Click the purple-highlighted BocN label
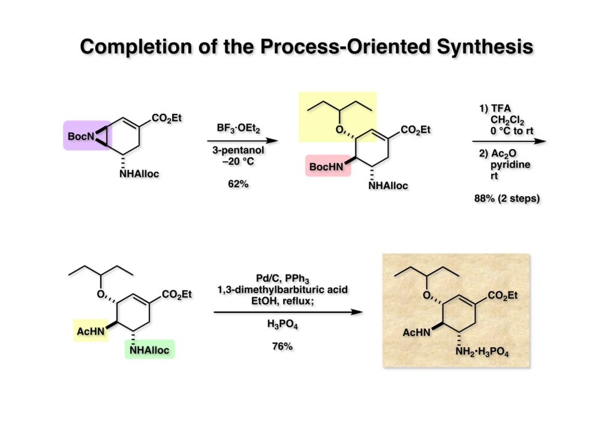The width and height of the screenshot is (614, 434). [82, 137]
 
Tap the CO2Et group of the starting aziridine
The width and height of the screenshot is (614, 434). [166, 119]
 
